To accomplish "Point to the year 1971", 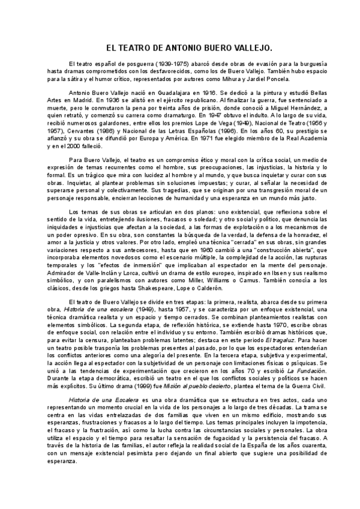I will point(214,137).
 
